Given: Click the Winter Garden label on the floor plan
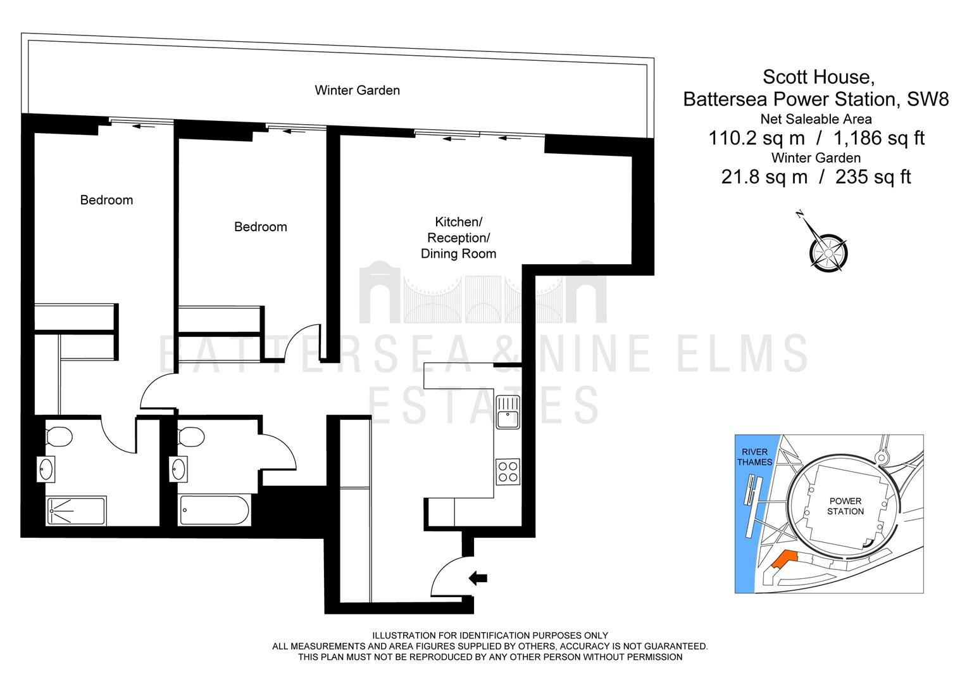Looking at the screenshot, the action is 357,91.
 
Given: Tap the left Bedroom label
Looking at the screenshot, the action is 106,200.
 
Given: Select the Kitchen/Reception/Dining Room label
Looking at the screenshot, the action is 458,237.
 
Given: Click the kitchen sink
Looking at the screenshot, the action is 508,412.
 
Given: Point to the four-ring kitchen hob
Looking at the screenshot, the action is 508,472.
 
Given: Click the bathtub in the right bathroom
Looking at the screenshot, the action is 214,510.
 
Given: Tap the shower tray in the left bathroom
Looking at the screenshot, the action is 76,510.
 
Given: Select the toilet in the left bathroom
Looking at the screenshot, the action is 59,437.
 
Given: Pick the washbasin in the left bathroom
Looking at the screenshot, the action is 46,469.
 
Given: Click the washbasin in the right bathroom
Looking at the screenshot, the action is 178,469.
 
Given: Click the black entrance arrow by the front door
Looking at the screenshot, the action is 478,578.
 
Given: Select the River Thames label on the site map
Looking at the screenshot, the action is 754,457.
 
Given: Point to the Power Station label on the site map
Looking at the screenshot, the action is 845,506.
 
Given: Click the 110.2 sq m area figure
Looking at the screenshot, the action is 757,138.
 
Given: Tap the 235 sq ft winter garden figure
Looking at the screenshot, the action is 873,177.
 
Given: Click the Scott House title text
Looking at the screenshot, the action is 818,77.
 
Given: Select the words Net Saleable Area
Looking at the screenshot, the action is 816,119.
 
